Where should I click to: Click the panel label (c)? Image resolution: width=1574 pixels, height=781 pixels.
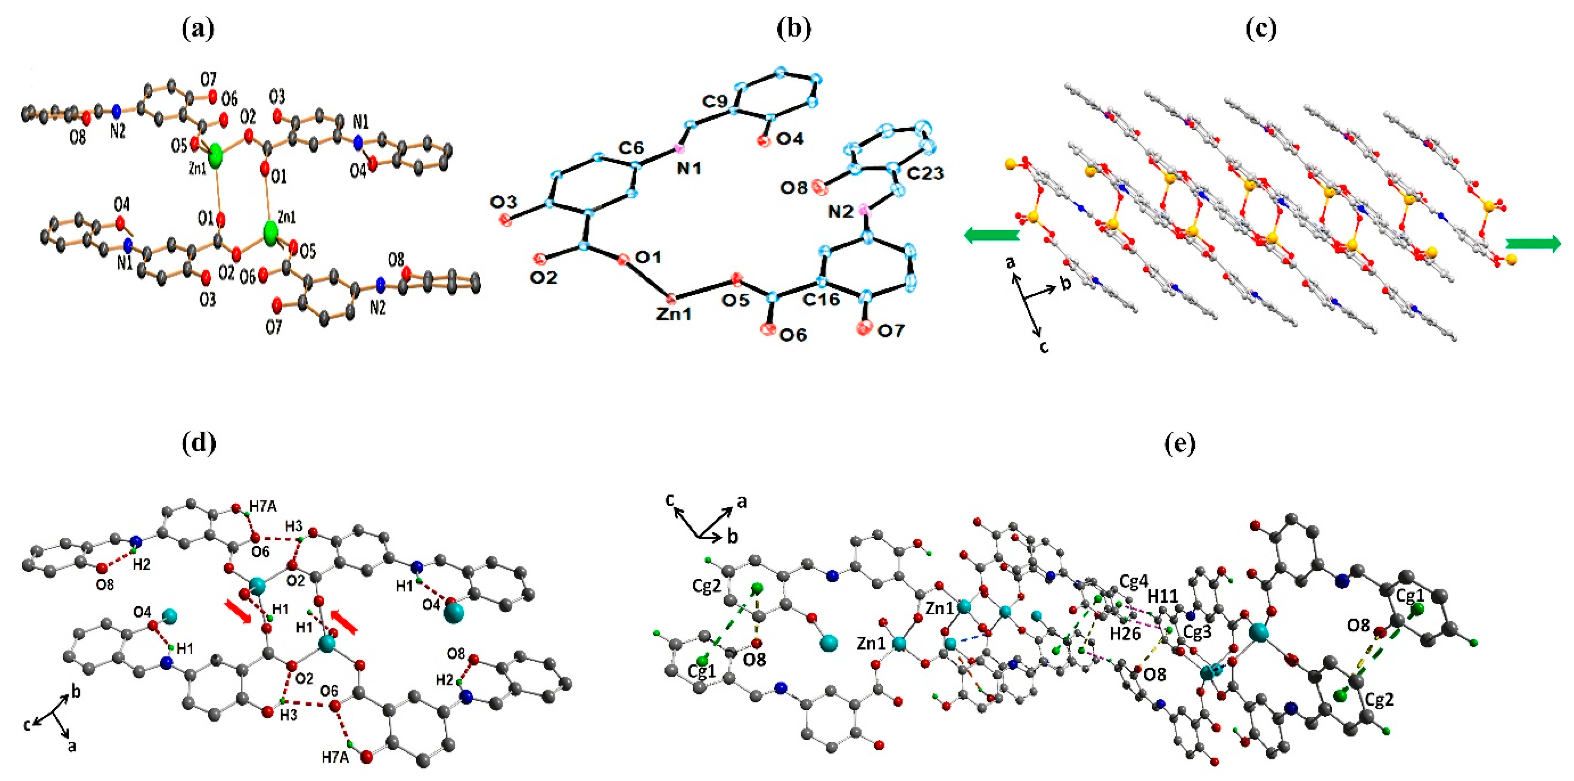click(1261, 29)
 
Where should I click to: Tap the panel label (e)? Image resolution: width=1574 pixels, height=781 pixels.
click(1180, 444)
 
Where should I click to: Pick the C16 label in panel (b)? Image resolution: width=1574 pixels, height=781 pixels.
click(821, 299)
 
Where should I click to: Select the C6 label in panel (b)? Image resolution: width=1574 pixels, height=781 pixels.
click(631, 148)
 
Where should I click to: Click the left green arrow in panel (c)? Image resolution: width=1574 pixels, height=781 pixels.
click(991, 235)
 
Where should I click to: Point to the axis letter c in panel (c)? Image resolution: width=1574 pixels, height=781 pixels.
click(1044, 348)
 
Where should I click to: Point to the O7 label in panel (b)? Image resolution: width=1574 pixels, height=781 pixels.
click(890, 331)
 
